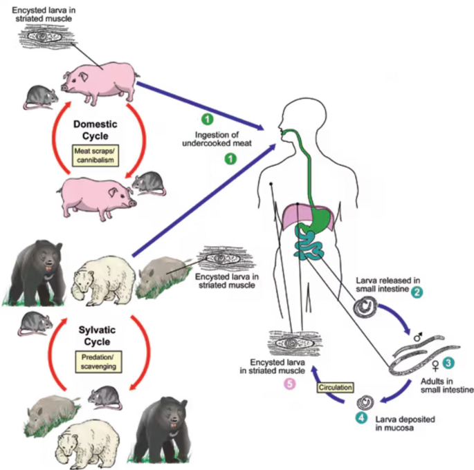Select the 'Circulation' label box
336,388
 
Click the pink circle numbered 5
290,384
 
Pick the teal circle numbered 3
449,361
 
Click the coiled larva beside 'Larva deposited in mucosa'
363,403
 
